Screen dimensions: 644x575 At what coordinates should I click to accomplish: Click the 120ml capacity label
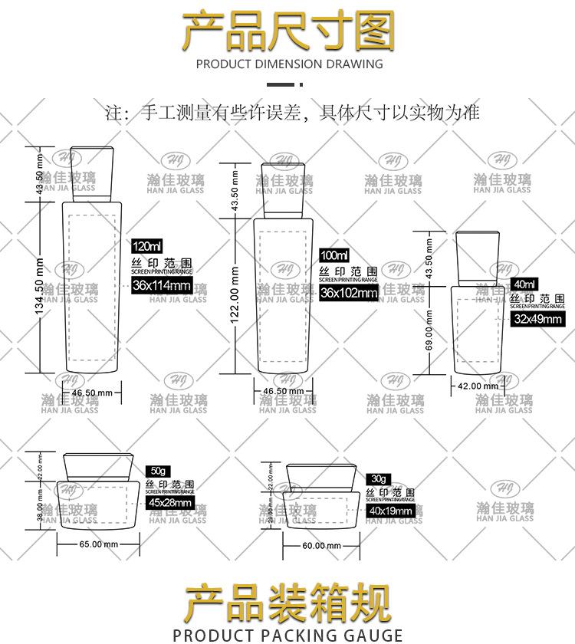(147, 247)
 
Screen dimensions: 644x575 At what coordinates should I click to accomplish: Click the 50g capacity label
(158, 469)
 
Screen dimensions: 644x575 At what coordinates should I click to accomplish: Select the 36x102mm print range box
(349, 293)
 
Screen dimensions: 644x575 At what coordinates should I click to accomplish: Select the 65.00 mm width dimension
(99, 544)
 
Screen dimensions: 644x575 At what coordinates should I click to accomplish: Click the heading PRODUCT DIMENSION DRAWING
(289, 64)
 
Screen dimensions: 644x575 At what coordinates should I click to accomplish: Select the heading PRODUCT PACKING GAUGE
(287, 635)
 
